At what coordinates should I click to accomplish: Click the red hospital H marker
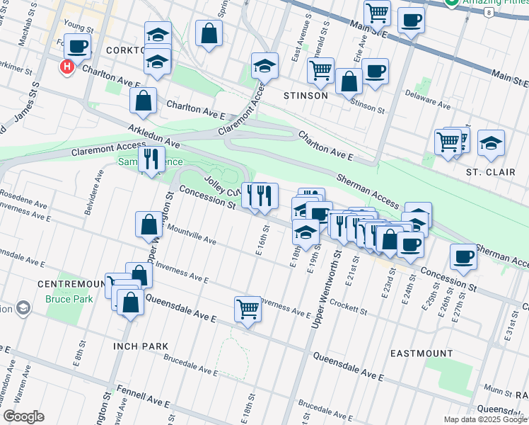point(66,67)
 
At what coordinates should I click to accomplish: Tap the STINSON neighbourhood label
point(306,96)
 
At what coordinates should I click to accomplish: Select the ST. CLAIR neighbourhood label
point(484,172)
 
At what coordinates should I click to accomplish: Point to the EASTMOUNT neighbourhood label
point(422,353)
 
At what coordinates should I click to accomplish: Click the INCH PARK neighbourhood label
point(140,346)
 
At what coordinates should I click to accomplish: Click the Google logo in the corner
point(23,416)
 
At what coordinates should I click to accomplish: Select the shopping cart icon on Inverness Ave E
point(248,309)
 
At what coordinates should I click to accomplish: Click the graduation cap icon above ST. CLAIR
point(491,143)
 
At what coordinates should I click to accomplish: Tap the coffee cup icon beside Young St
point(77,47)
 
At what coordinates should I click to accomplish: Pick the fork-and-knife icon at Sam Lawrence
point(151,159)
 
